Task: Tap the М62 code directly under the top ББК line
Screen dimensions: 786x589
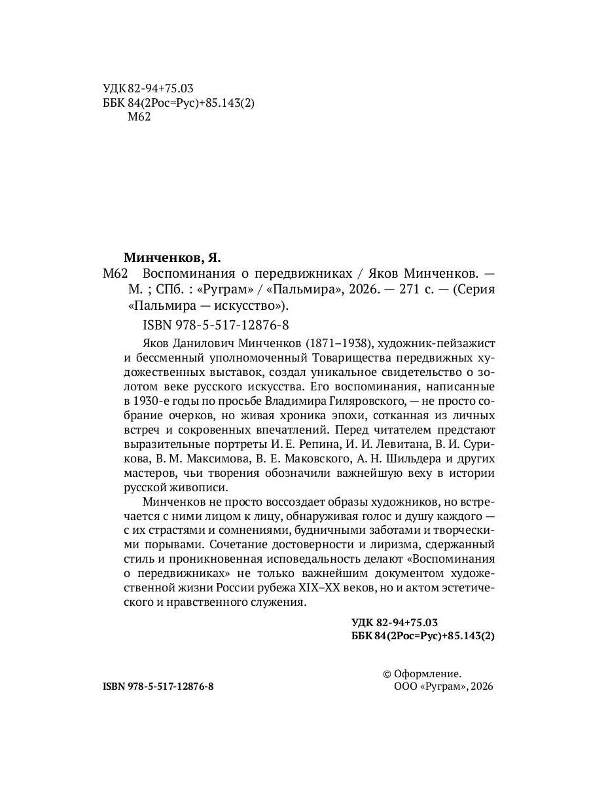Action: [x=138, y=117]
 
